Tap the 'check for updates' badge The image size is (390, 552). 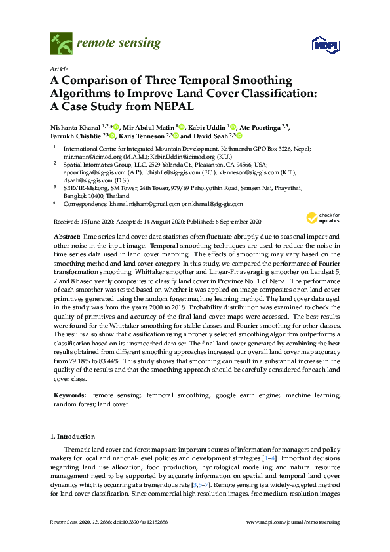(321, 218)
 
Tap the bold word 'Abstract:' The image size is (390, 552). (66, 235)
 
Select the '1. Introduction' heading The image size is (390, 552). (73, 436)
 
